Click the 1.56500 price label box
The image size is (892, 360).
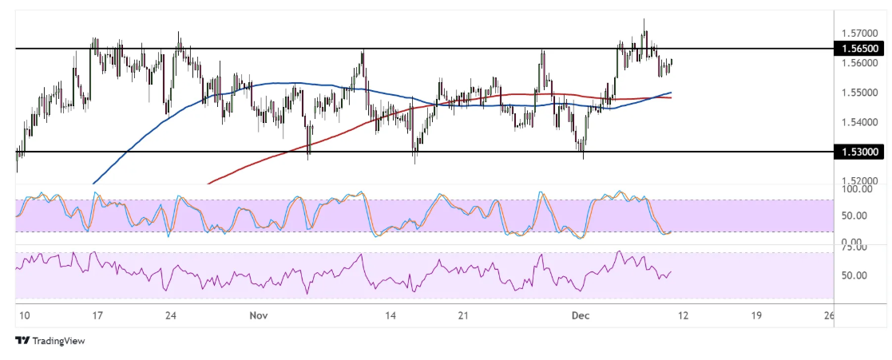point(859,49)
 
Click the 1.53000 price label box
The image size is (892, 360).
point(859,151)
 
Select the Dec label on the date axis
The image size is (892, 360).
point(581,316)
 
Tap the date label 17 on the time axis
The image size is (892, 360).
point(96,316)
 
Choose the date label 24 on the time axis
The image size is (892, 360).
point(170,316)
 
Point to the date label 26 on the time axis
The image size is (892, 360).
point(830,316)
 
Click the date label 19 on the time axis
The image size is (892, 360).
point(755,316)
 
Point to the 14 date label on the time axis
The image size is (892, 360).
point(390,316)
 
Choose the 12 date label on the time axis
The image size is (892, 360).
point(683,316)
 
